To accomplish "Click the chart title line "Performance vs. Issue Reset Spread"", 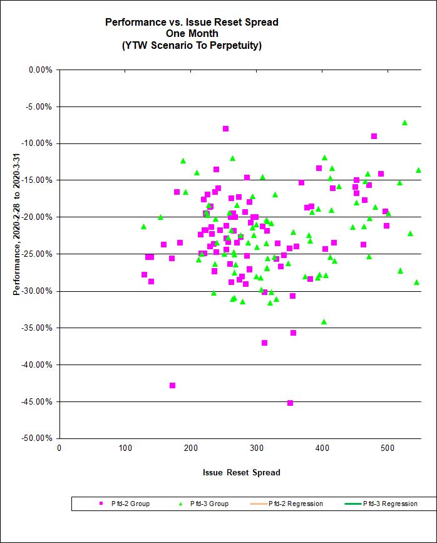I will (192, 22).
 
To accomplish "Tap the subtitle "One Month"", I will (192, 34).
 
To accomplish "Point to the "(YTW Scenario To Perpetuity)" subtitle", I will (192, 45).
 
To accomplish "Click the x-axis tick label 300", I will (190, 447).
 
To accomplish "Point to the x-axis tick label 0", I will (59, 447).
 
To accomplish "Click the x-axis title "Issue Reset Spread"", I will (241, 472).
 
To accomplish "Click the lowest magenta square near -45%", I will (290, 403).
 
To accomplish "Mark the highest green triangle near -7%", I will (404, 123).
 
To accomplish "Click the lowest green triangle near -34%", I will (324, 321).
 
